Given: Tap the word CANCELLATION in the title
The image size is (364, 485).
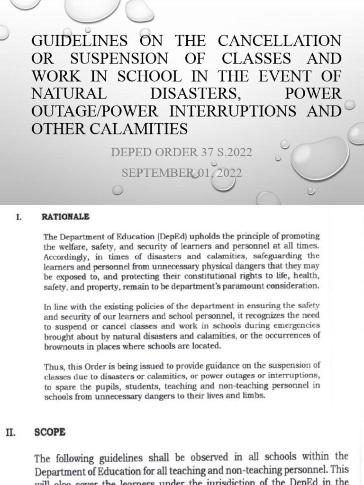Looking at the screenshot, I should (280, 41).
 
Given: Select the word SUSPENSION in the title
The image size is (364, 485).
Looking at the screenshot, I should (119, 59).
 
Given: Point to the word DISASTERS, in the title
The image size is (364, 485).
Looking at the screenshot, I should (195, 93).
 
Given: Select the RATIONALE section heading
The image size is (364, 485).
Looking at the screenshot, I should (65, 217).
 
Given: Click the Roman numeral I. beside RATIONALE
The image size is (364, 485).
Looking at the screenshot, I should (19, 217).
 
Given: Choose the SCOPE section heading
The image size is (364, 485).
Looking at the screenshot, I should (50, 432).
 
